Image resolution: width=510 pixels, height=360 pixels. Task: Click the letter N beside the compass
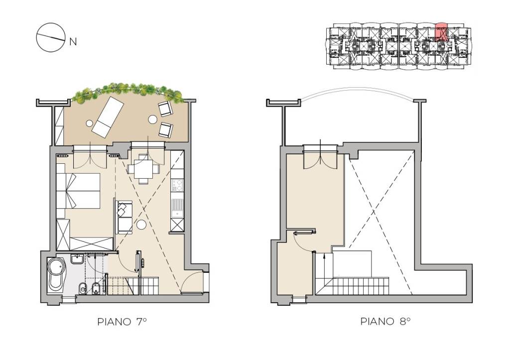click(x=73, y=42)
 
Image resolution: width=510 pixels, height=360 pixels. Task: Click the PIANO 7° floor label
click(x=122, y=322)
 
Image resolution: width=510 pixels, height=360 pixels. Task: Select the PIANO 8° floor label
click(x=385, y=321)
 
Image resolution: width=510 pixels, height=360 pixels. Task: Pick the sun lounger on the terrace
click(x=108, y=117)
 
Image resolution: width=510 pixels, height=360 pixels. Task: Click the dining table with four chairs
click(x=143, y=169)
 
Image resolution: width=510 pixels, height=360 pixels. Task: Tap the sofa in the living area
click(x=124, y=217)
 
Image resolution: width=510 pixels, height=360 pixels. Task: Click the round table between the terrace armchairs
click(x=152, y=120)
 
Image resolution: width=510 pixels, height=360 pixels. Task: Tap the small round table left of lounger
click(x=90, y=123)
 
